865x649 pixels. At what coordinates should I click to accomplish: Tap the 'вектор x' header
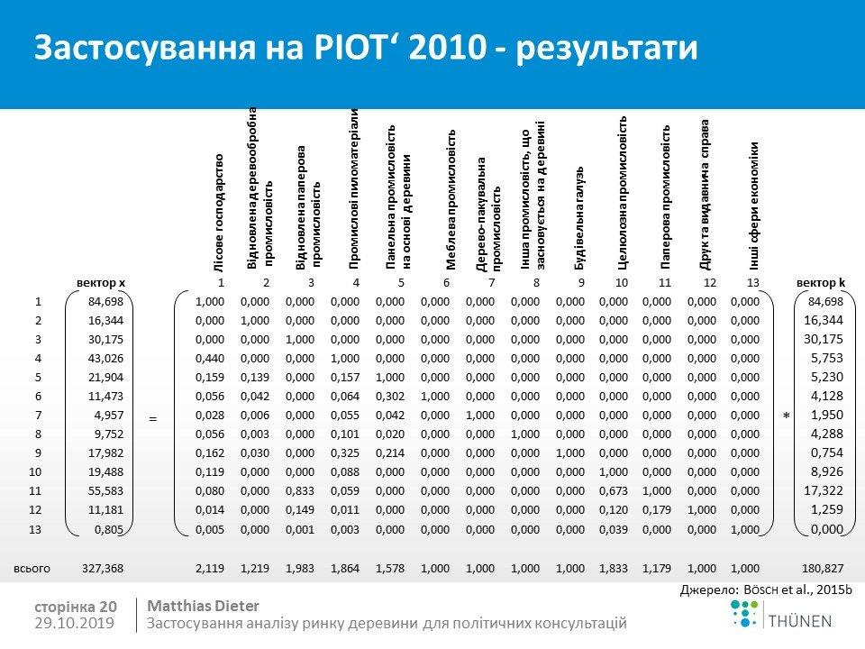pyautogui.click(x=101, y=283)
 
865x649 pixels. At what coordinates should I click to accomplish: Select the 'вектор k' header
pyautogui.click(x=820, y=283)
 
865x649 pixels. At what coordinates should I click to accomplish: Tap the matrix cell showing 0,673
pyautogui.click(x=615, y=490)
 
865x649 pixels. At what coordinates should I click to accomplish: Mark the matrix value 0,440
pyautogui.click(x=210, y=356)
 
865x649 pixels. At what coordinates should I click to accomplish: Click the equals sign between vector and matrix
pyautogui.click(x=153, y=418)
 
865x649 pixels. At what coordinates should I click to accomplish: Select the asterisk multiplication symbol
pyautogui.click(x=786, y=415)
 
